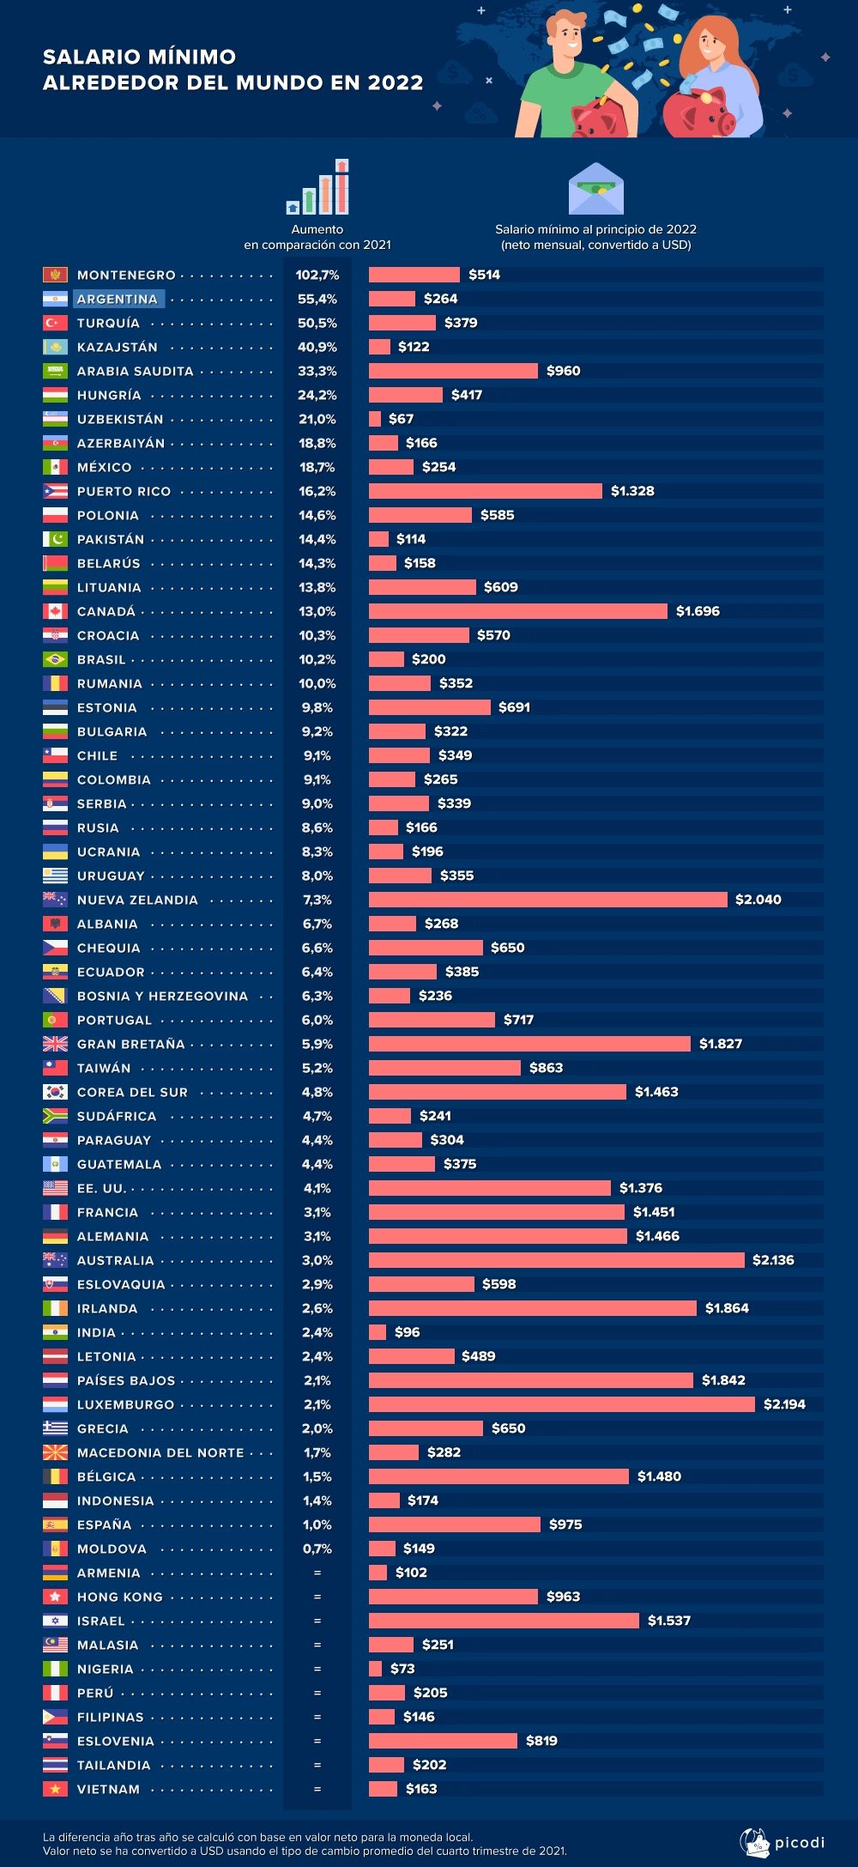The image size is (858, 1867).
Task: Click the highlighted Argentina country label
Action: (x=118, y=299)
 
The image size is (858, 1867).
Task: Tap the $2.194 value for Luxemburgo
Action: (x=784, y=1404)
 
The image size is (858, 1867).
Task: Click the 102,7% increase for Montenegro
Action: (x=317, y=275)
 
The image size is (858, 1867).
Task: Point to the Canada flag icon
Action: (x=55, y=611)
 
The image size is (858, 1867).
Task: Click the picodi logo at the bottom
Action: (x=782, y=1842)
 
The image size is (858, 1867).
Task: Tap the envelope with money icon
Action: (x=596, y=189)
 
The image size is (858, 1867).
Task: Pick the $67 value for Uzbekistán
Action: (x=401, y=419)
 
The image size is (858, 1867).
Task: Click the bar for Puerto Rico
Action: (x=486, y=491)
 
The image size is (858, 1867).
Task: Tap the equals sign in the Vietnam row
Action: (x=317, y=1789)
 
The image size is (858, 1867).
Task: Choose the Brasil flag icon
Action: (x=55, y=659)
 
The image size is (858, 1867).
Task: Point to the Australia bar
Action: (x=556, y=1260)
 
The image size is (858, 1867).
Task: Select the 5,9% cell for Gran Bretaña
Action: (x=317, y=1044)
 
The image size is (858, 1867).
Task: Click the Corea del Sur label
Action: (x=132, y=1092)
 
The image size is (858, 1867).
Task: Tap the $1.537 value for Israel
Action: (x=668, y=1621)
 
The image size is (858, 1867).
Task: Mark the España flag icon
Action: (x=55, y=1525)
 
